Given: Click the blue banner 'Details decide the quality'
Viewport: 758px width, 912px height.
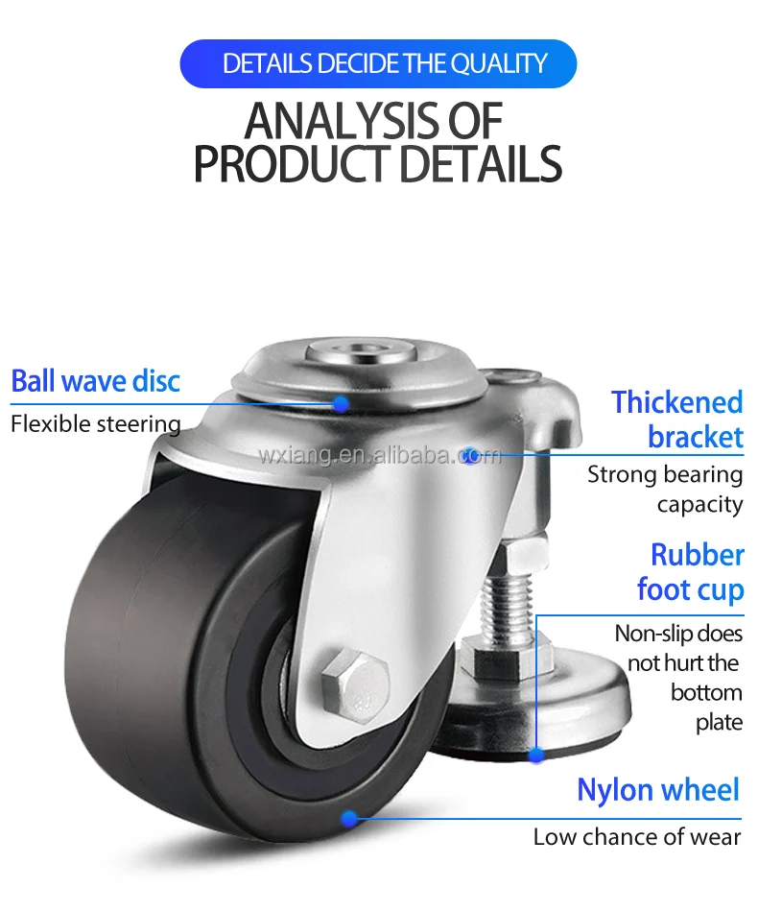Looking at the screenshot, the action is pos(378,64).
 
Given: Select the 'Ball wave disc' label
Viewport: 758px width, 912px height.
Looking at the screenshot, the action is pos(95,381).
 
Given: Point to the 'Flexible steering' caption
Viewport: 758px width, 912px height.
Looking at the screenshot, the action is pos(95,423).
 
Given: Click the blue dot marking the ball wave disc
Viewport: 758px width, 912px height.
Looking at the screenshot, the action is pos(341,404).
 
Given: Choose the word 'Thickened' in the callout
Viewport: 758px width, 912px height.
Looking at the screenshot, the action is pos(677,402).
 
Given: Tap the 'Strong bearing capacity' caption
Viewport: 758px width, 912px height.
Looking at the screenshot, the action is pos(666,489).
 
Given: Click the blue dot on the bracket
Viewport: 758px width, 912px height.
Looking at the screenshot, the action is pos(469,454).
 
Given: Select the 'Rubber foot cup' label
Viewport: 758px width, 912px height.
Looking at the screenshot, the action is pos(692,572).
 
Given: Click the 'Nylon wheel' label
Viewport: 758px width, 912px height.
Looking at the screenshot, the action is pos(658,790).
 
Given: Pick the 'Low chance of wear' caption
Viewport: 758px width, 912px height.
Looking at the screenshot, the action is pos(637,837).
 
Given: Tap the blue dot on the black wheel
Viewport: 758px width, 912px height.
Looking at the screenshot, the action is pos(350,818).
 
